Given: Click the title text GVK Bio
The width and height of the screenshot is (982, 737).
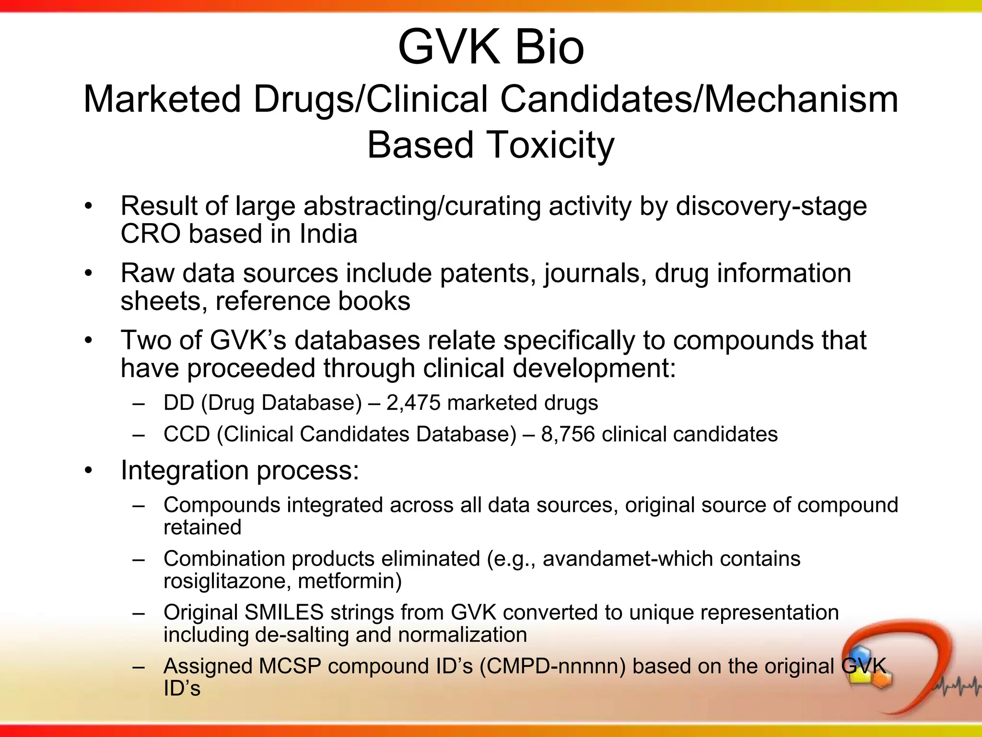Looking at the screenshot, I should [x=491, y=47].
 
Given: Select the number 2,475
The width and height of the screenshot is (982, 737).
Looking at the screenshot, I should [x=413, y=403].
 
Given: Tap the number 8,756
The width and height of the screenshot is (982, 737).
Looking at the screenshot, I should [x=568, y=434].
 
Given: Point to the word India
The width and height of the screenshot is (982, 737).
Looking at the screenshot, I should [x=328, y=234].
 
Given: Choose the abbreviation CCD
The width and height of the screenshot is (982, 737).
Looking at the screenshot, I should [x=187, y=434].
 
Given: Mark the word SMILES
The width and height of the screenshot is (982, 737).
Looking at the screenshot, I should [x=284, y=613].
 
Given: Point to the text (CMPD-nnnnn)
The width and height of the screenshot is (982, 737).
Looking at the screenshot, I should [x=552, y=666].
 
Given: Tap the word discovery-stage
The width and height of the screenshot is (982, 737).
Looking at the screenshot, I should [x=771, y=206].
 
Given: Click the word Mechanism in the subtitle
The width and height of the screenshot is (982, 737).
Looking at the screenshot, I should [x=801, y=99].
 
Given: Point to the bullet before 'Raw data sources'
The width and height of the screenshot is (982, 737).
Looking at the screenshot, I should [x=88, y=273].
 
